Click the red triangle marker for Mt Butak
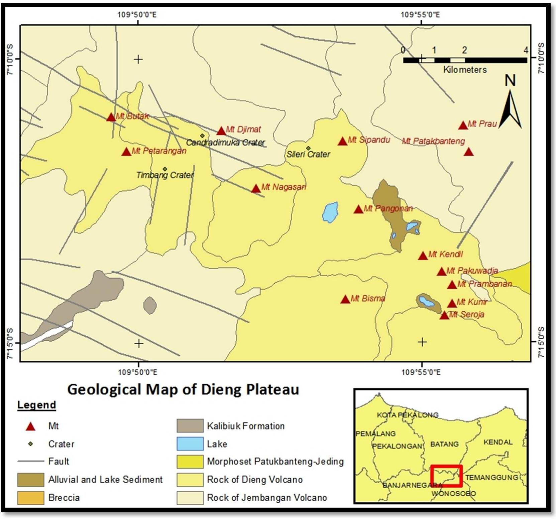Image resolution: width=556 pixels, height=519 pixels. pyautogui.click(x=111, y=118)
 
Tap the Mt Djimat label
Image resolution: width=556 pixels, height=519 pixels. pyautogui.click(x=243, y=129)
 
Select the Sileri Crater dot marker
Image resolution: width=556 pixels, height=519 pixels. pyautogui.click(x=308, y=148)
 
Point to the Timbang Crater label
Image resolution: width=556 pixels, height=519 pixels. pyautogui.click(x=165, y=175)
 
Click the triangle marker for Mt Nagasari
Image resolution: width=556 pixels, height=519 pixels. pyautogui.click(x=256, y=189)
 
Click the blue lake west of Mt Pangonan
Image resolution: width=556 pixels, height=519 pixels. pyautogui.click(x=330, y=212)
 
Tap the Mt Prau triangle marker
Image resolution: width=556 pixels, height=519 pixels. pyautogui.click(x=463, y=126)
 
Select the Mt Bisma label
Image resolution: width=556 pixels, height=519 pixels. pyautogui.click(x=367, y=298)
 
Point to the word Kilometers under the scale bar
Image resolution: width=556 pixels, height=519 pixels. pyautogui.click(x=465, y=70)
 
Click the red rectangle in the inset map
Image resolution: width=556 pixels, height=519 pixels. pyautogui.click(x=446, y=476)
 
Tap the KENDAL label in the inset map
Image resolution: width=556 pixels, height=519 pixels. pyautogui.click(x=498, y=442)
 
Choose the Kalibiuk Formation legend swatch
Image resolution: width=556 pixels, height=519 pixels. pyautogui.click(x=190, y=426)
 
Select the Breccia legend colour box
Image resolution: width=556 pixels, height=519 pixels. pyautogui.click(x=30, y=498)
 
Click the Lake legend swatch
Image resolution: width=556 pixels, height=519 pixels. pyautogui.click(x=190, y=444)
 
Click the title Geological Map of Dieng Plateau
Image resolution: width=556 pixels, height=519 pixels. pyautogui.click(x=183, y=390)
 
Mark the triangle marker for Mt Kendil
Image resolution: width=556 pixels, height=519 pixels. pyautogui.click(x=423, y=256)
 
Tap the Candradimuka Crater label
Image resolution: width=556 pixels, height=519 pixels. pyautogui.click(x=225, y=143)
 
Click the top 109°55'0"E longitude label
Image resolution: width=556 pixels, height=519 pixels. pyautogui.click(x=420, y=15)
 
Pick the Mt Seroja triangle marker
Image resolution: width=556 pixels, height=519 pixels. pyautogui.click(x=444, y=316)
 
